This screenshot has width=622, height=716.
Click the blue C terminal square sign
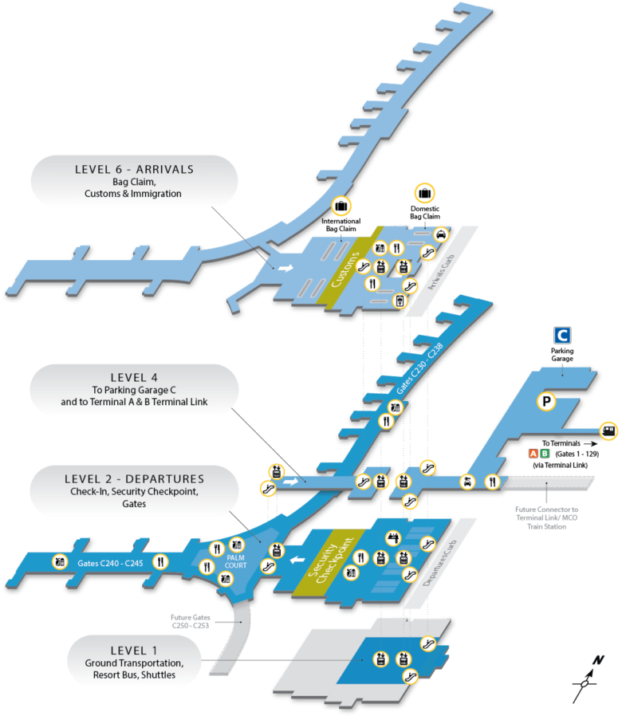pyautogui.click(x=562, y=335)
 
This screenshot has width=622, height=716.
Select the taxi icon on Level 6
pyautogui.click(x=440, y=234)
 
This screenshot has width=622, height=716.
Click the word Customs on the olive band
pyautogui.click(x=344, y=269)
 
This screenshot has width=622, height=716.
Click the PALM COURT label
pyautogui.click(x=237, y=561)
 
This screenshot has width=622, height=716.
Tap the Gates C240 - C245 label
pyautogui.click(x=110, y=563)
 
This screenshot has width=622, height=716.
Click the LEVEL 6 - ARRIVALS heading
pyautogui.click(x=134, y=169)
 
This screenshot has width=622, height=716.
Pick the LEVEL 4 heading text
pyautogui.click(x=134, y=377)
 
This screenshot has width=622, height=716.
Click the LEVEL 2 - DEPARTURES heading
pyautogui.click(x=134, y=479)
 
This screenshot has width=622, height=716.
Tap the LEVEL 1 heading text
pyautogui.click(x=134, y=650)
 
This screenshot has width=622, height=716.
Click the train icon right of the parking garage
pyautogui.click(x=608, y=431)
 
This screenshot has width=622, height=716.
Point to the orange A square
pyautogui.click(x=533, y=454)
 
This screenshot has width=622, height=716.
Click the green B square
pyautogui.click(x=545, y=454)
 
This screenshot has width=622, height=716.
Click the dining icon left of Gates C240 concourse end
pyautogui.click(x=160, y=561)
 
